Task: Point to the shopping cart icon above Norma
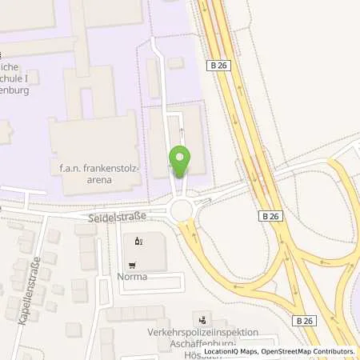pos(134,265)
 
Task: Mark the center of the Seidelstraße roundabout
pos(182,210)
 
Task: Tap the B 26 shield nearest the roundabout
pos(270,215)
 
